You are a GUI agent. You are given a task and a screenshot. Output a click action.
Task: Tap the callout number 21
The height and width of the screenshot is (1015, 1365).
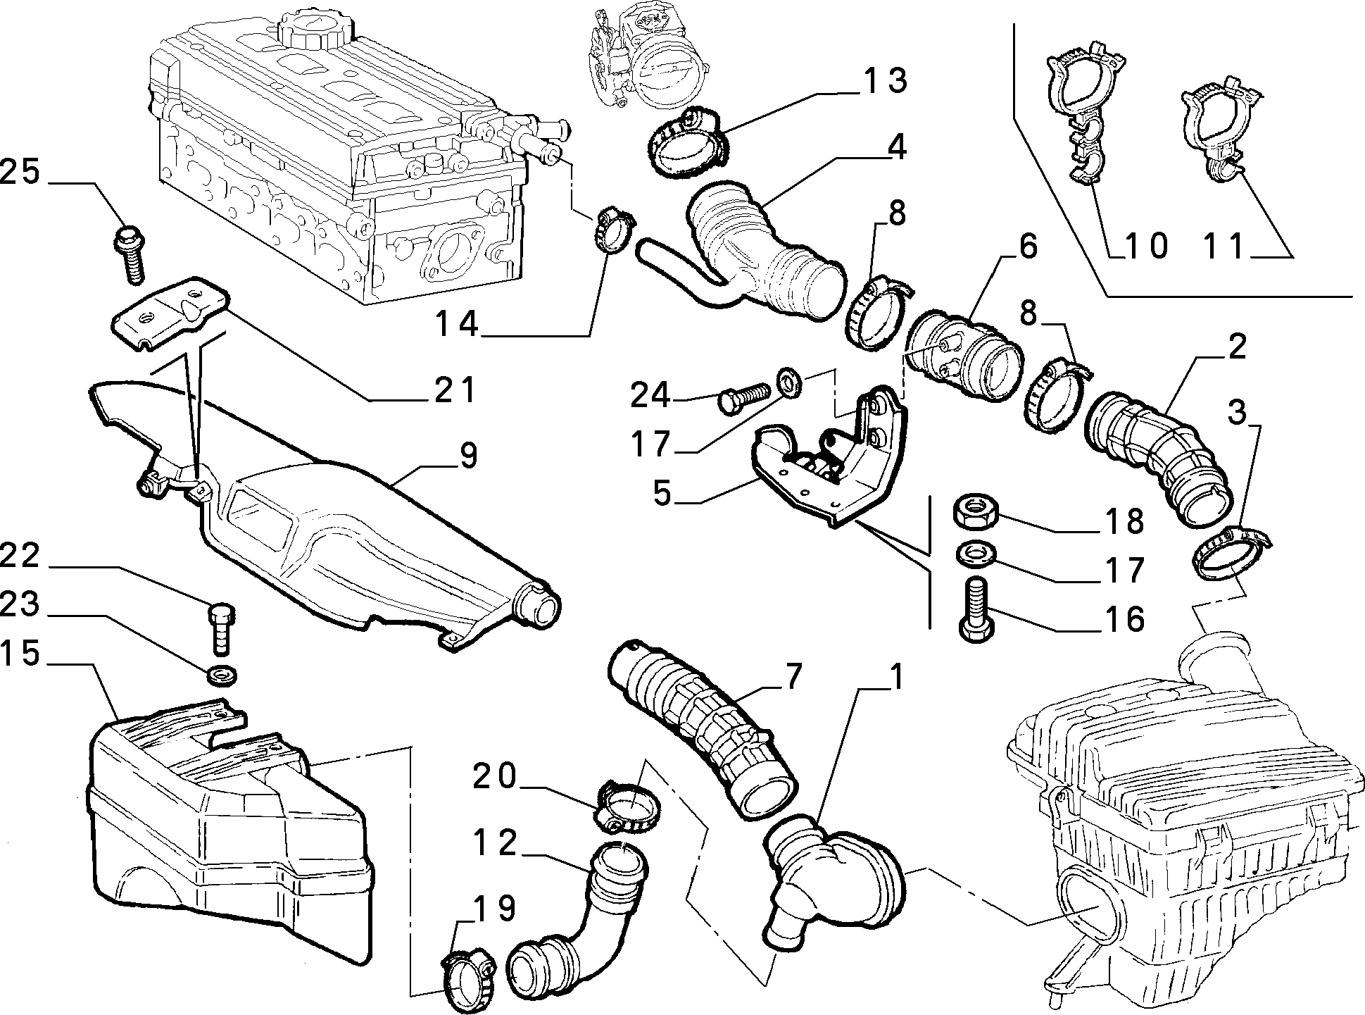(454, 389)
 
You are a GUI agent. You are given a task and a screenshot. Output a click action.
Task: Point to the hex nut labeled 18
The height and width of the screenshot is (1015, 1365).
(974, 512)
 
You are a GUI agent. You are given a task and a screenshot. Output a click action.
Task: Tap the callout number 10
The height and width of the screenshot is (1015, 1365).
(1144, 245)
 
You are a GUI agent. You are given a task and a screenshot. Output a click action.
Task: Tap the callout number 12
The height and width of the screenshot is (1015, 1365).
(496, 842)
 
